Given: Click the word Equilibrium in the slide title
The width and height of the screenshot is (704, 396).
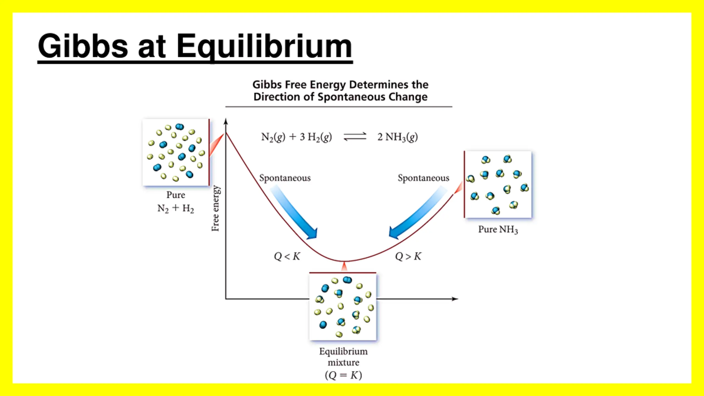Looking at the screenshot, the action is click(264, 46).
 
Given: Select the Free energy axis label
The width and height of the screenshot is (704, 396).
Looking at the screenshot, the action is click(215, 208).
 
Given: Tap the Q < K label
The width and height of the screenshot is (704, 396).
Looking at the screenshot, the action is click(287, 256).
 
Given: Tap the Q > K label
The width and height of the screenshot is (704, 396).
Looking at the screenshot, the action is click(408, 256).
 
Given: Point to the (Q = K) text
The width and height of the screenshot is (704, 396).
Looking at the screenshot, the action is click(343, 375).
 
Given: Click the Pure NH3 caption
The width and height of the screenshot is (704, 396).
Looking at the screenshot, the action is click(498, 229).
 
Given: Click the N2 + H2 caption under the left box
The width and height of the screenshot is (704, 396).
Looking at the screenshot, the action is click(175, 208).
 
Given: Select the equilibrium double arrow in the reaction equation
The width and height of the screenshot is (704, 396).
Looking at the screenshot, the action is click(355, 137).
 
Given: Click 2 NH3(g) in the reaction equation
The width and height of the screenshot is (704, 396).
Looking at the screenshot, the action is click(397, 137).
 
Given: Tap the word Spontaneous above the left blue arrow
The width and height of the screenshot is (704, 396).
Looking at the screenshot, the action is click(285, 178).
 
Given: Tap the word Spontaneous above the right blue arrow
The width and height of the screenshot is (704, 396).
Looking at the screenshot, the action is click(424, 178).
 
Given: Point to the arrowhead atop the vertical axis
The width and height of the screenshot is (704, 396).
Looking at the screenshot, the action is click(226, 121).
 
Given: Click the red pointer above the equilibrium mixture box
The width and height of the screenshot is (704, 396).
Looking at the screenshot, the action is click(344, 266).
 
